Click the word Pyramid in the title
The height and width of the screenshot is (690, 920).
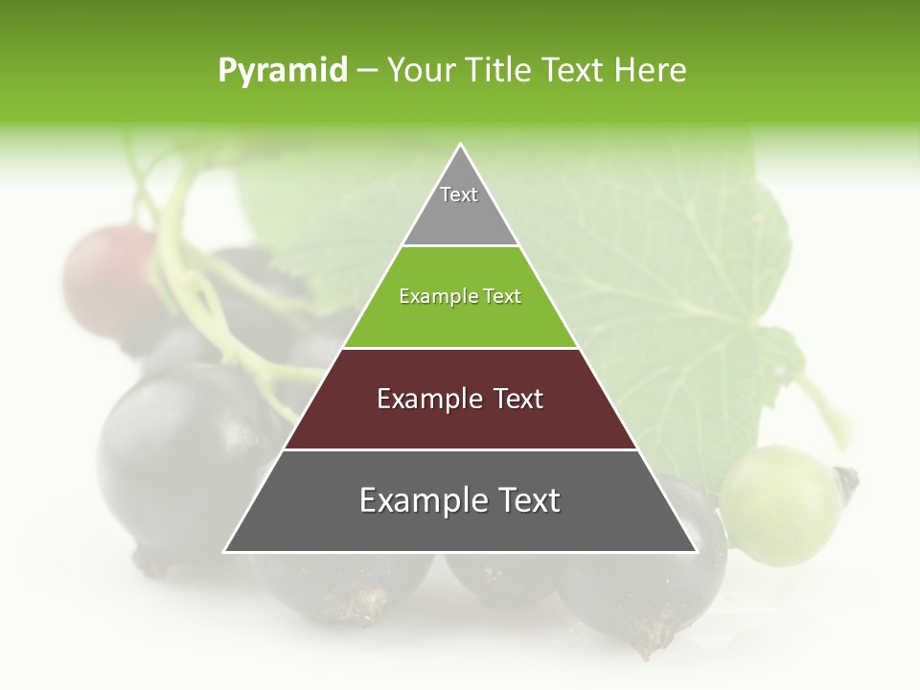283,71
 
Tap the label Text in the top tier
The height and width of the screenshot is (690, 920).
459,195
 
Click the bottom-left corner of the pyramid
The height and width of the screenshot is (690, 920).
225,551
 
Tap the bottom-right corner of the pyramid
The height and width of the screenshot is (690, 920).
696,551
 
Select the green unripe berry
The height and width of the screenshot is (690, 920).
781,503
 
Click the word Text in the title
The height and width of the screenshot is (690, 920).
574,71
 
